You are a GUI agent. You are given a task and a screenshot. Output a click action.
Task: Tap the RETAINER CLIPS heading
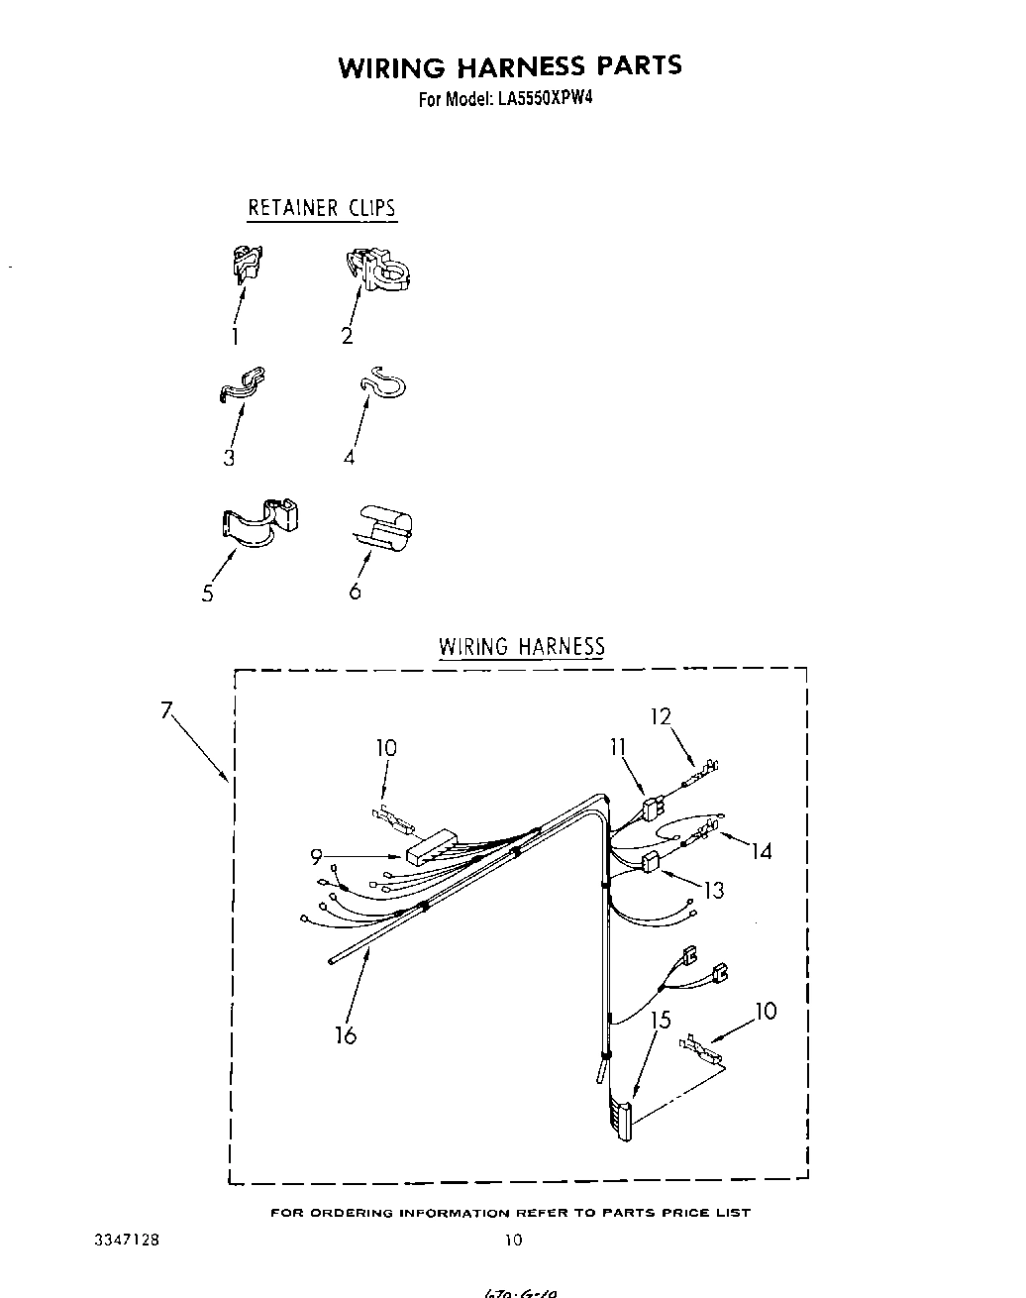(321, 208)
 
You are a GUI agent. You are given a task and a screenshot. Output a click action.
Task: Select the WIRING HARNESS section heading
(521, 647)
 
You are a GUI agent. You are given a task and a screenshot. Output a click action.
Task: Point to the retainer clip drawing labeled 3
(242, 383)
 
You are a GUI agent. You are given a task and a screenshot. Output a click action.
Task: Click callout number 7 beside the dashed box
(166, 709)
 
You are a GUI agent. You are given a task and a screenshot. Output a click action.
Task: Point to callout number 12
(661, 716)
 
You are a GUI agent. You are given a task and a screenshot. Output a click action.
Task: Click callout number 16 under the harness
(345, 1035)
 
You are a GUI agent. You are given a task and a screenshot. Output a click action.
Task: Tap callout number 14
(761, 850)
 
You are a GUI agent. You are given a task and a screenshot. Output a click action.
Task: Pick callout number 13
(713, 890)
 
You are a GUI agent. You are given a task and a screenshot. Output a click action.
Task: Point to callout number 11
(618, 746)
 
